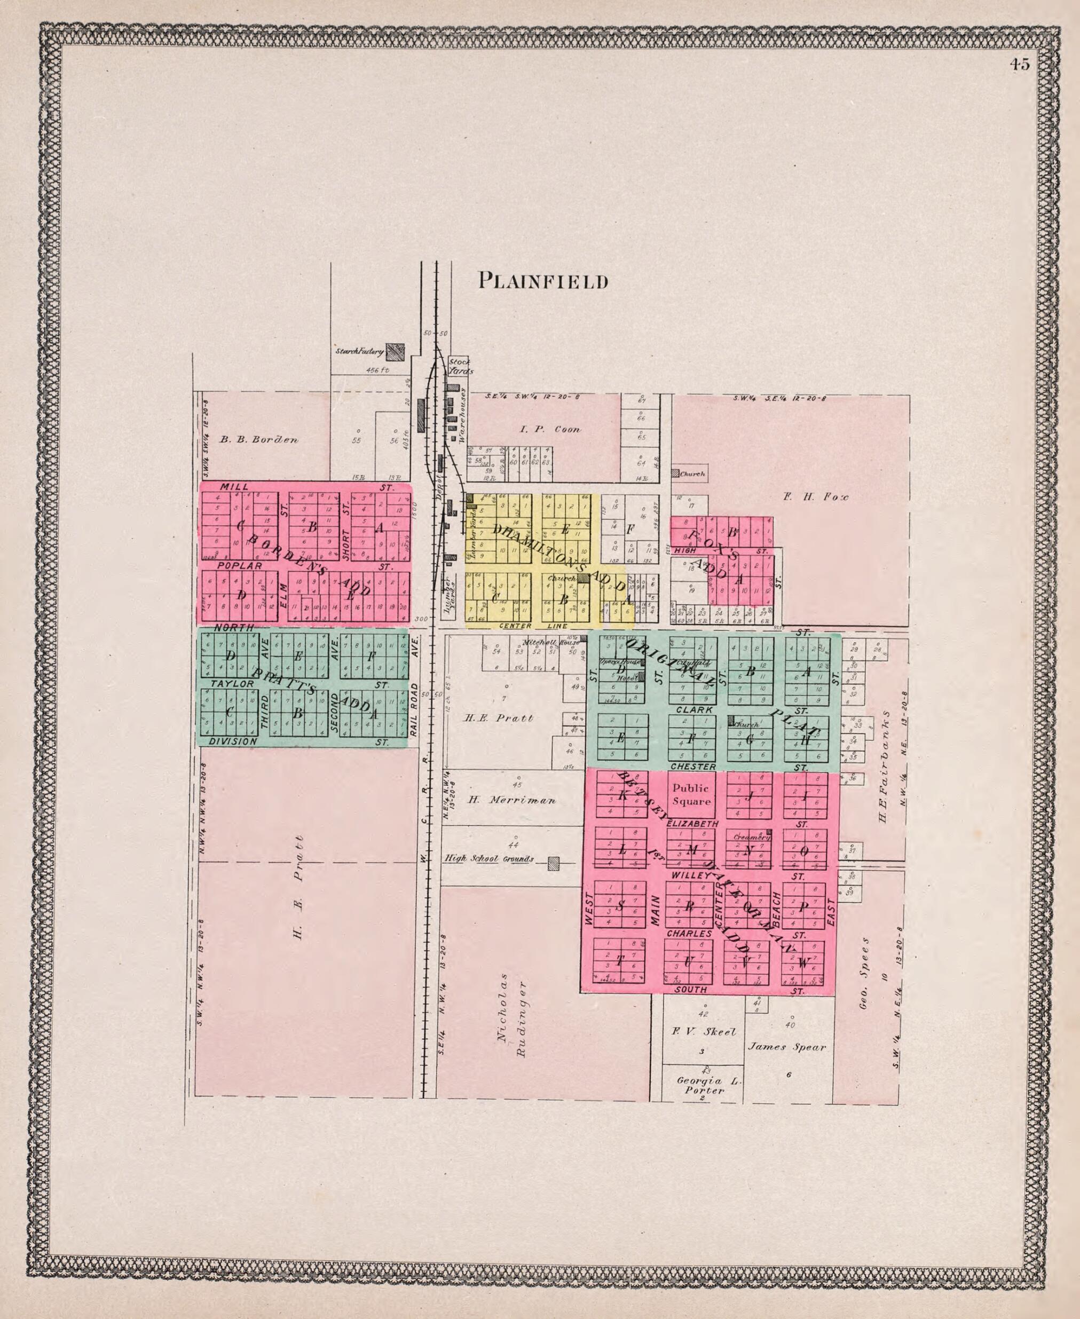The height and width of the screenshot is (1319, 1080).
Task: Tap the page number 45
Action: (x=1020, y=64)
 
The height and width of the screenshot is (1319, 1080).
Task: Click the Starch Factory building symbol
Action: (x=395, y=352)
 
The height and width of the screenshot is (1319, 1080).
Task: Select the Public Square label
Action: (x=691, y=794)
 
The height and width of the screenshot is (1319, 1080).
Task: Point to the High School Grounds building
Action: (x=553, y=863)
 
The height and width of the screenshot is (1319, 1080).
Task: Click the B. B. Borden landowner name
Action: (x=259, y=440)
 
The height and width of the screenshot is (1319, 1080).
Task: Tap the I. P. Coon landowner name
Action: (x=550, y=429)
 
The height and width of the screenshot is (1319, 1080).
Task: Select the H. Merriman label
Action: (x=511, y=800)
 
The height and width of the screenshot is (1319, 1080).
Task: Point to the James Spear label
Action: (x=786, y=1047)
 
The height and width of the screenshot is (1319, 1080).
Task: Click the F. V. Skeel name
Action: (x=704, y=1032)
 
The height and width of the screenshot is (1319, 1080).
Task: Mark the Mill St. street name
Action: (x=234, y=486)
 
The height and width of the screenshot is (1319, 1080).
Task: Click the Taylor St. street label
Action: (x=233, y=683)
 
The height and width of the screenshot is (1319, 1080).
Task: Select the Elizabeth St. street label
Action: (x=692, y=823)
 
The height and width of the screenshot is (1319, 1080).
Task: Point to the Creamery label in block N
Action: (x=751, y=837)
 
